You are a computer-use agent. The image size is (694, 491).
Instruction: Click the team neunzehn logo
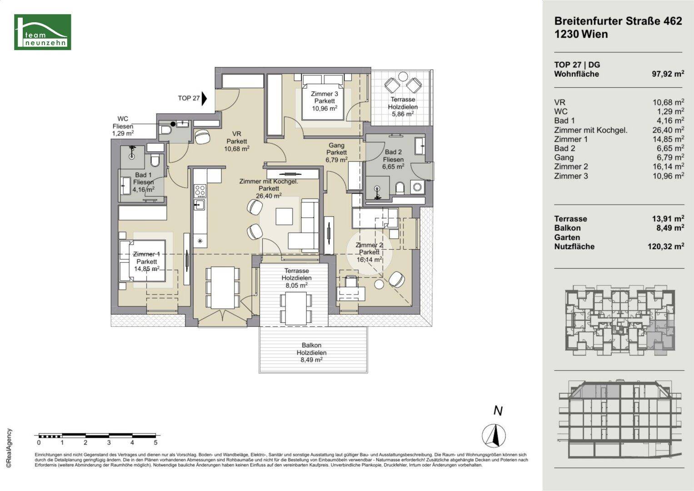click(42, 32)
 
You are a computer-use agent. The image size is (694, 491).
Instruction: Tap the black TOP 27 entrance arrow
click(204, 99)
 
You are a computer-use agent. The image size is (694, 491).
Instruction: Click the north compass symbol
click(494, 435)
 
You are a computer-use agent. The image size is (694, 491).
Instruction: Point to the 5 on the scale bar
click(155, 442)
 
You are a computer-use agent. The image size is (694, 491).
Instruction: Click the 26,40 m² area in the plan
click(269, 195)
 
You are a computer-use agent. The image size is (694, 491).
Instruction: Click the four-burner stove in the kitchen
click(200, 191)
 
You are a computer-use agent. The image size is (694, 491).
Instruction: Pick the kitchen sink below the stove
click(199, 204)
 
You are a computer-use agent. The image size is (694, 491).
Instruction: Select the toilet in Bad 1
click(155, 160)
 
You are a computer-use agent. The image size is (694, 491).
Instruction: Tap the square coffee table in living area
click(284, 216)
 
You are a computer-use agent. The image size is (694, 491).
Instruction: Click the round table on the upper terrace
click(403, 76)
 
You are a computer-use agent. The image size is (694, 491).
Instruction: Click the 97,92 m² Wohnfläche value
click(668, 74)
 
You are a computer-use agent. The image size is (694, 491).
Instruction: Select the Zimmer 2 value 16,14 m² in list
click(668, 166)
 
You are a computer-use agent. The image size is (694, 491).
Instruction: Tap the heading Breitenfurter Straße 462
click(618, 21)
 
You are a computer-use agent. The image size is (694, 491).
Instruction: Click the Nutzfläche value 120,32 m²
click(666, 246)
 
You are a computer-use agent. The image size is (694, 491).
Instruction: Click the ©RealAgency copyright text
click(9, 448)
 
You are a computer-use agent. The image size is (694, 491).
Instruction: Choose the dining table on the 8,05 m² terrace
click(296, 308)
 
